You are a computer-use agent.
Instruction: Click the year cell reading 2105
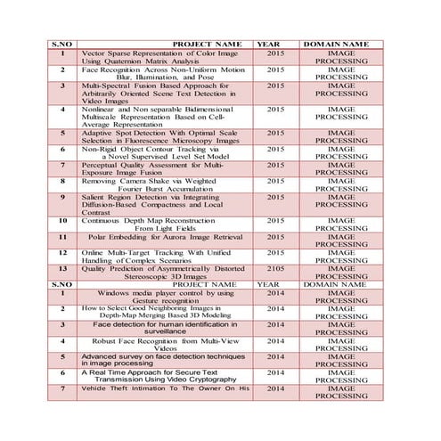274,268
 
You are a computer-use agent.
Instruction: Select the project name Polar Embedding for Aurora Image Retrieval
165,237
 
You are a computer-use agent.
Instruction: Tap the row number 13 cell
62,268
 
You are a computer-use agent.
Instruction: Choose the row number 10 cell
62,220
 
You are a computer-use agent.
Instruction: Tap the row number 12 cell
62,252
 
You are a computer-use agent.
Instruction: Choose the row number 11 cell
62,237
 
